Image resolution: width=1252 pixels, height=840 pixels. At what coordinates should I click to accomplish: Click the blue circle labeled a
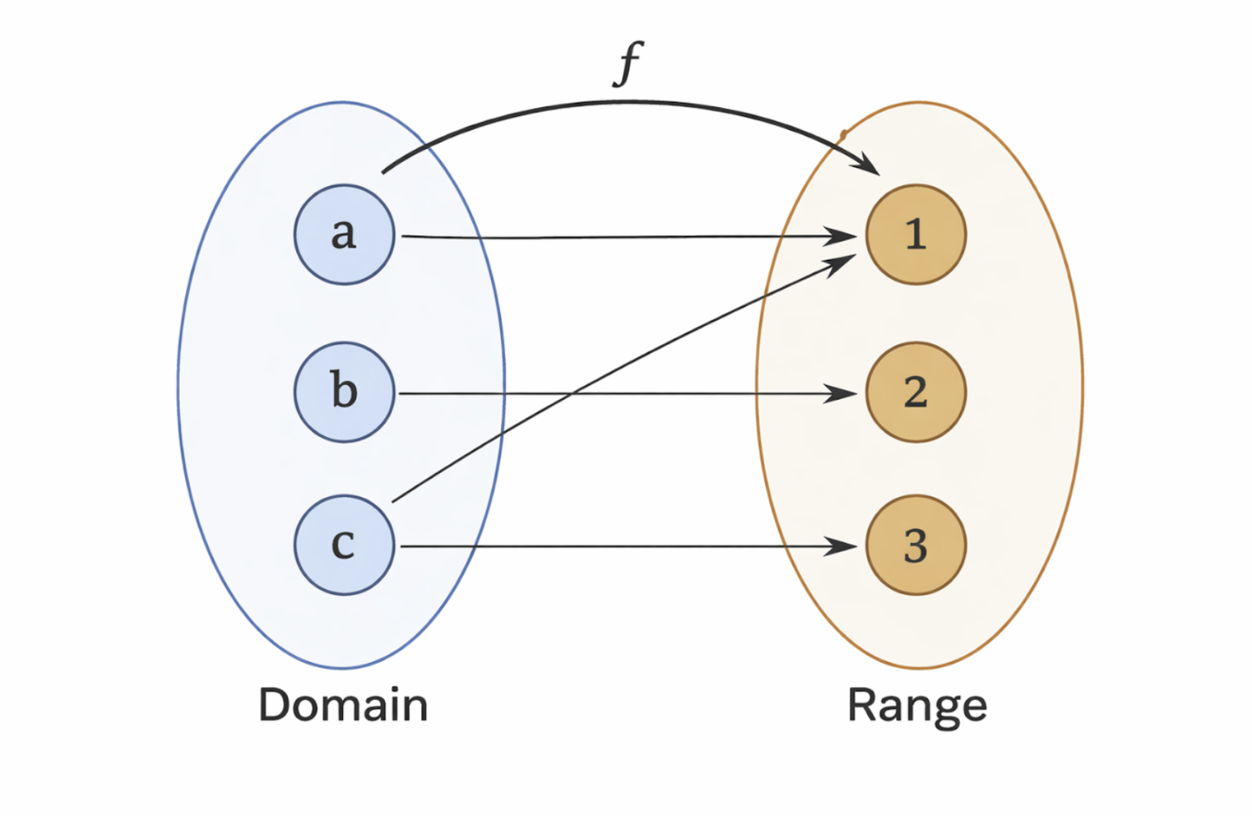coord(344,234)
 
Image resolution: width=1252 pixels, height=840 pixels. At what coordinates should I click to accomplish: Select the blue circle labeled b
coord(344,392)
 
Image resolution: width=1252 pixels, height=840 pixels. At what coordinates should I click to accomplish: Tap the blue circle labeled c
coord(344,545)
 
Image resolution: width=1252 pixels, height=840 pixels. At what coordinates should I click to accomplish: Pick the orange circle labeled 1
coord(915,234)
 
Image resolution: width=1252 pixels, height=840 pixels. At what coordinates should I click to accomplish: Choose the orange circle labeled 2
coord(915,392)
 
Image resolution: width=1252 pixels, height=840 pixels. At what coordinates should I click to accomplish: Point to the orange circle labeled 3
coord(915,545)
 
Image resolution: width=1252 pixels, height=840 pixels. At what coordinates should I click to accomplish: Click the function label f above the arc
coord(627,64)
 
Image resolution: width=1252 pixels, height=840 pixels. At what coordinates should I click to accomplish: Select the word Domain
coord(343,705)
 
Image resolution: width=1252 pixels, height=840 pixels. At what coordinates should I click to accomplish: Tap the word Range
coord(916,706)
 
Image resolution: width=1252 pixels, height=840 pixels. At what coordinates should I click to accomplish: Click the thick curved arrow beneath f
coord(626,103)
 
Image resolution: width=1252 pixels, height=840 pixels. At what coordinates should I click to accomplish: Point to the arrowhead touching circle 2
coord(841,393)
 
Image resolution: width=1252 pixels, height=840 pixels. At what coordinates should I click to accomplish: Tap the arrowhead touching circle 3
coord(841,546)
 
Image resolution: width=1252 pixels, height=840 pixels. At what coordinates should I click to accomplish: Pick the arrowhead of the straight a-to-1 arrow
coord(841,236)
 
